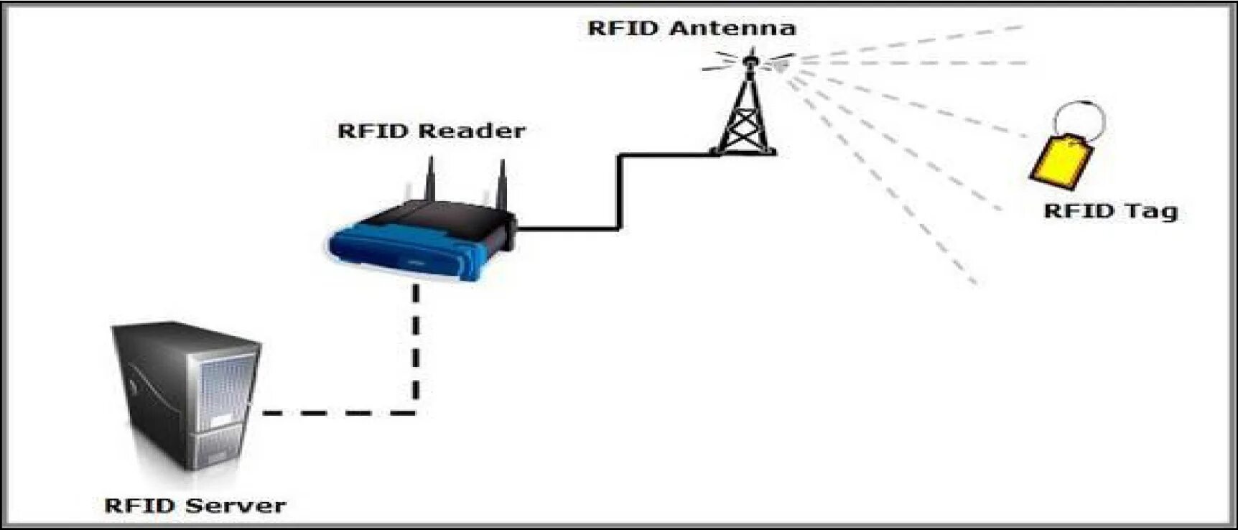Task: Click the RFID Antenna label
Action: point(692,29)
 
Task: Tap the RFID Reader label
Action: point(431,131)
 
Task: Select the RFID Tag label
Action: point(1110,211)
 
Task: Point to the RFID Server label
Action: point(195,506)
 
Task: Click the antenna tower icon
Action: point(746,115)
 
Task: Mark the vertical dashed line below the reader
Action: point(416,345)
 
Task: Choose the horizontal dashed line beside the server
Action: point(338,413)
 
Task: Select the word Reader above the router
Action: point(471,131)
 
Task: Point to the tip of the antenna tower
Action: point(750,52)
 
